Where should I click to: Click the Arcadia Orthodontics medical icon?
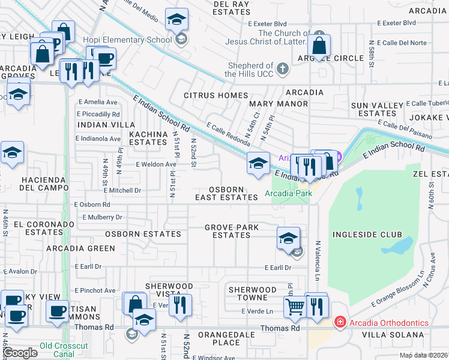(340, 323)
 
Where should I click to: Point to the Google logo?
(20, 353)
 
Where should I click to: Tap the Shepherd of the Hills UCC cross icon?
(283, 70)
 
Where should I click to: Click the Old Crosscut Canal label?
(64, 346)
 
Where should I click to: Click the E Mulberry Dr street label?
(102, 217)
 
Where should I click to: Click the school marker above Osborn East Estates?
(258, 164)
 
